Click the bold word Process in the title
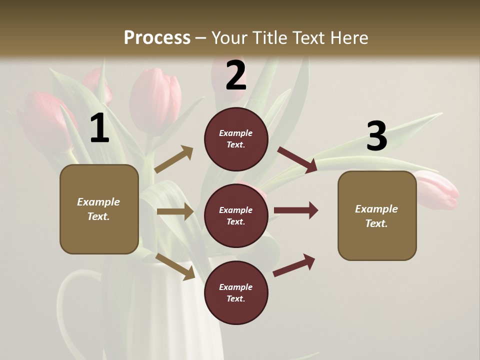[157, 38]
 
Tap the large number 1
[99, 128]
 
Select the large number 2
[236, 75]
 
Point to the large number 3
[376, 136]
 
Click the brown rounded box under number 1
[99, 209]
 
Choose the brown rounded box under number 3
[377, 215]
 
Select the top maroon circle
[236, 139]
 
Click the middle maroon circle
[236, 215]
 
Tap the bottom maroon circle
[236, 292]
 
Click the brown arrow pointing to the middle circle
[175, 211]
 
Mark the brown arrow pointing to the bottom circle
[175, 266]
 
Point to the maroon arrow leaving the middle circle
[295, 210]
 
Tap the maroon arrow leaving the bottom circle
[294, 265]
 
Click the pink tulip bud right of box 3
[437, 190]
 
